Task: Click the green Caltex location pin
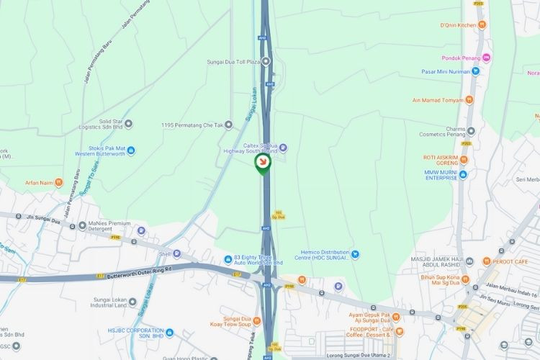pos(263,165)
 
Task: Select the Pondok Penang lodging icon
pos(486,58)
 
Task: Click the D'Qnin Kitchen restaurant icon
pos(482,24)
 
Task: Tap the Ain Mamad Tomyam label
pos(437,101)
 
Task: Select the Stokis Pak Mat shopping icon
pos(131,150)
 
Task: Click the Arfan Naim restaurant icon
pos(59,183)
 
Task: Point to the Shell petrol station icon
pos(176,253)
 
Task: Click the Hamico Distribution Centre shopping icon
pos(354,253)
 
